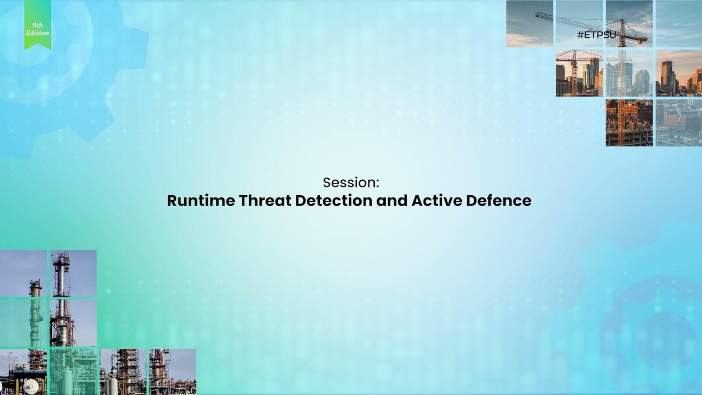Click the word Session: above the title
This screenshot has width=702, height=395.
click(351, 183)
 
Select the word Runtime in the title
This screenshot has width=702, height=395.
click(201, 201)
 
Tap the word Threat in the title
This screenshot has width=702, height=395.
click(265, 201)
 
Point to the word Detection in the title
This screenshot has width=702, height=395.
click(334, 201)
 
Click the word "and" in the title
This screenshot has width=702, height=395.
click(392, 201)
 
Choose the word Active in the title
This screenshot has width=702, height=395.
click(437, 201)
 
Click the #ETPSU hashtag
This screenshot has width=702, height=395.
click(597, 35)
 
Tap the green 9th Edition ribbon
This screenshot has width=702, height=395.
click(38, 25)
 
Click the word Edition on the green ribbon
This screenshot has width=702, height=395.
click(37, 33)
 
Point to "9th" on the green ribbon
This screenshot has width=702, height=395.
click(37, 25)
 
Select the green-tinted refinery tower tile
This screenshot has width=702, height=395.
click(23, 323)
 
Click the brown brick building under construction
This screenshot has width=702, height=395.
click(629, 123)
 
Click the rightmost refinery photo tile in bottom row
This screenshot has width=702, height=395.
click(173, 372)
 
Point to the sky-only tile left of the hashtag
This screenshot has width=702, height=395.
click(530, 24)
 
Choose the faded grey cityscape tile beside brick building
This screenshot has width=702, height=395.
click(679, 123)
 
